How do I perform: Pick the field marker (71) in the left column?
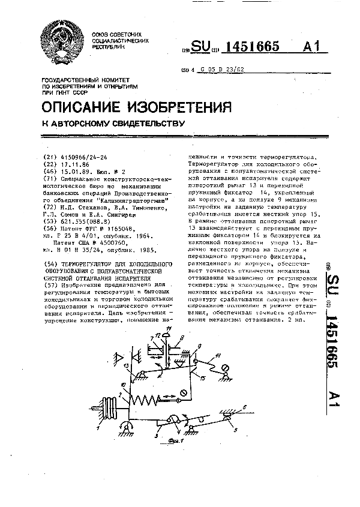pos(45,178)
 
